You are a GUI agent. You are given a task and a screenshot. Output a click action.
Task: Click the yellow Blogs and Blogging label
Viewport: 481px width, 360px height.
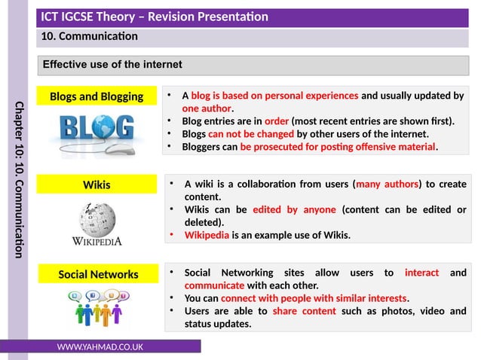pos(96,96)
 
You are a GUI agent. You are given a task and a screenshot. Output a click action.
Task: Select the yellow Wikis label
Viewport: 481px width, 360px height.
pos(96,185)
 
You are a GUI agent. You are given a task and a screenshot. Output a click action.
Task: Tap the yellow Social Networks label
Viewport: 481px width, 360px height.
pos(98,274)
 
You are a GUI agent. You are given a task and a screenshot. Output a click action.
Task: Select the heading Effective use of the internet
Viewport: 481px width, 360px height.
pos(112,65)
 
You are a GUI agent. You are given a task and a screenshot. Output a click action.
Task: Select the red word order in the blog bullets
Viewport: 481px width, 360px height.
pos(277,121)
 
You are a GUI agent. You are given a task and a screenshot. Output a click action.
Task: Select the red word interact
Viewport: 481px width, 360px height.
pos(421,273)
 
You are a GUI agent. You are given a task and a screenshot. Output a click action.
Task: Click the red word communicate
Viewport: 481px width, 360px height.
pos(214,285)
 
